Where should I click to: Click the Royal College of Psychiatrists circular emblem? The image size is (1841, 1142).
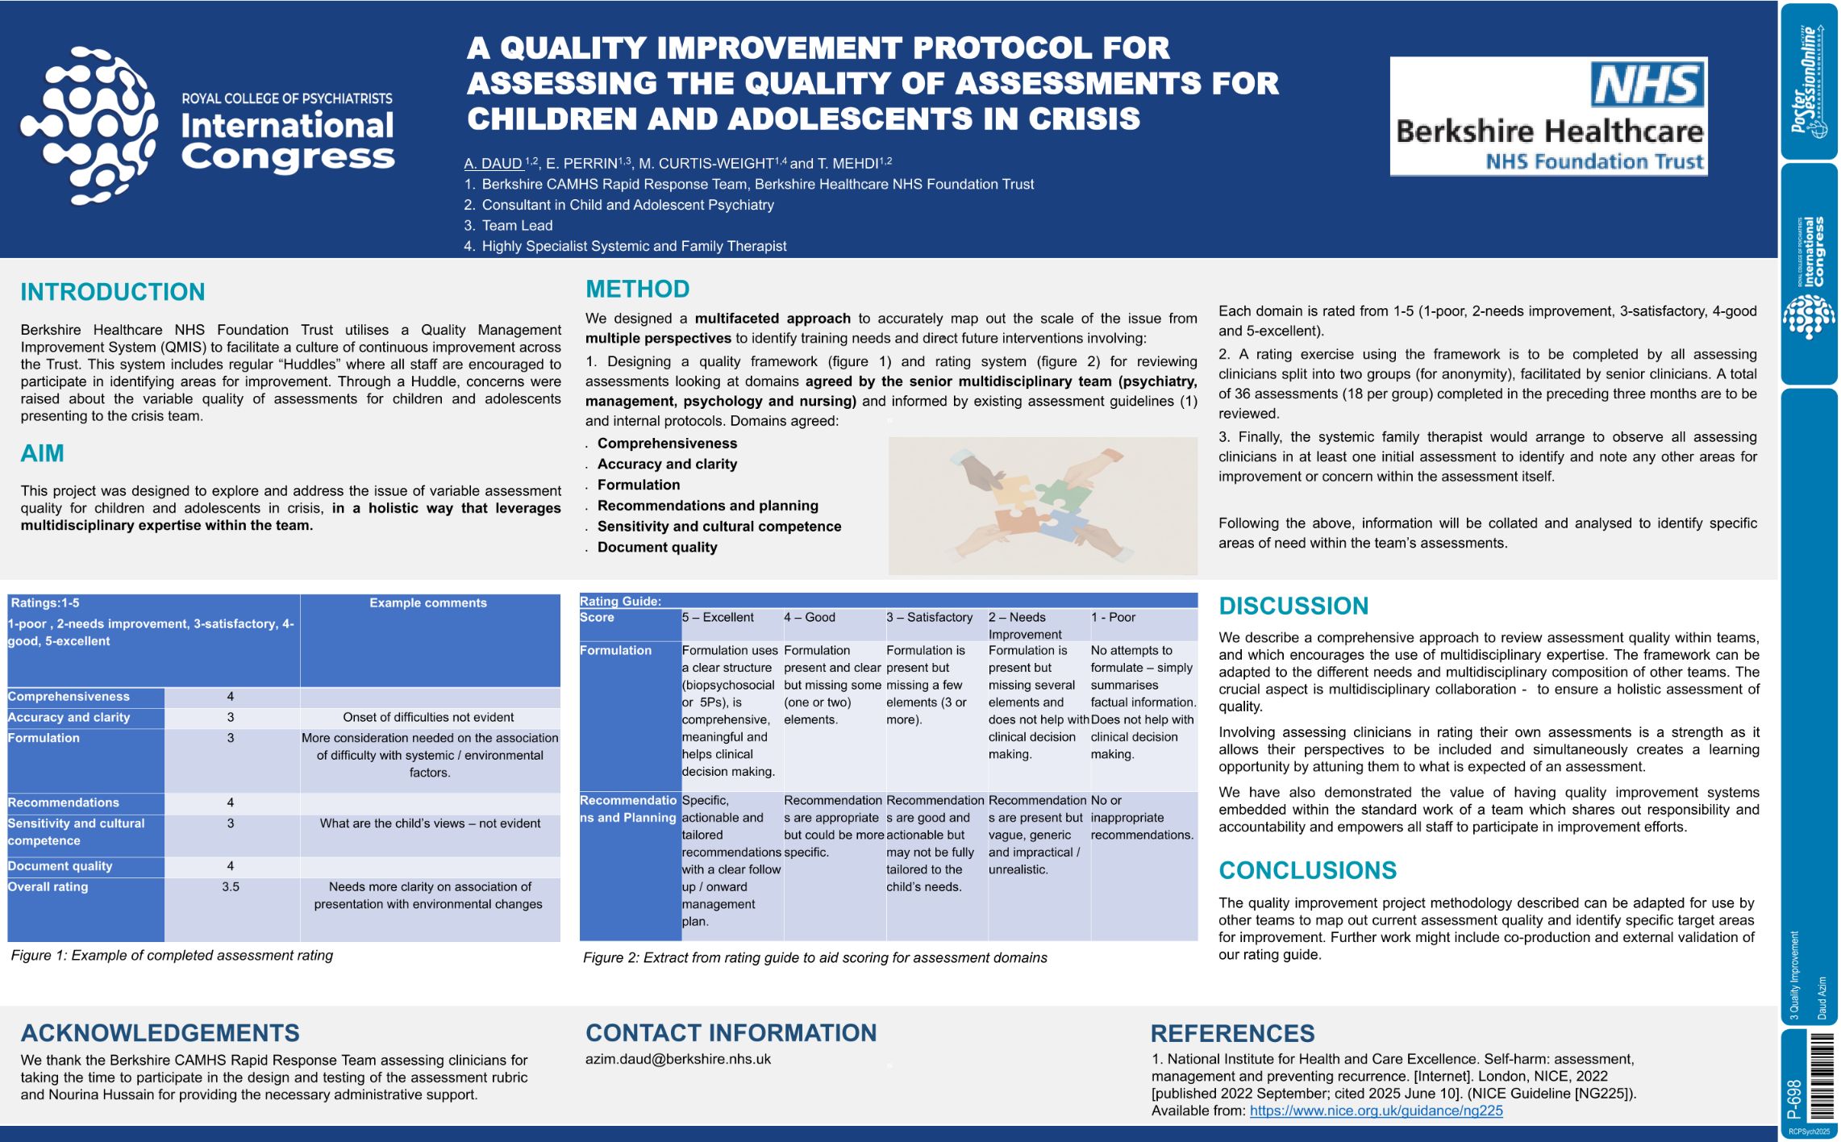tap(89, 125)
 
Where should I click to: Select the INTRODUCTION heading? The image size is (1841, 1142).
tap(113, 292)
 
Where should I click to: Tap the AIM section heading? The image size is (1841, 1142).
tap(42, 453)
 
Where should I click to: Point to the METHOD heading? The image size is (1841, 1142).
tap(637, 289)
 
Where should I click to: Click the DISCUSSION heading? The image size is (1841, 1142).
tap(1293, 606)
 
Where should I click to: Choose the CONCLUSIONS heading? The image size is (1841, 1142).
tap(1307, 870)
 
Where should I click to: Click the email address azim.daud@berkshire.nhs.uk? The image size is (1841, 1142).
tap(678, 1059)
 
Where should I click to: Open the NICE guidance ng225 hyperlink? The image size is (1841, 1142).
tap(1376, 1111)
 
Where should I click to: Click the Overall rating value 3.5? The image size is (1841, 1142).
tap(231, 886)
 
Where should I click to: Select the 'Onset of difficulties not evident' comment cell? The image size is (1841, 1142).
tap(428, 717)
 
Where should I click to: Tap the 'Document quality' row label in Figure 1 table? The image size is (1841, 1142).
tap(60, 866)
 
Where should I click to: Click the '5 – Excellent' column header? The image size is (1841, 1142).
tap(718, 617)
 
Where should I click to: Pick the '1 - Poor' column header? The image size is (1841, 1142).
tap(1113, 617)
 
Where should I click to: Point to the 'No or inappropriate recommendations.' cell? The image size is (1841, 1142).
tap(1142, 817)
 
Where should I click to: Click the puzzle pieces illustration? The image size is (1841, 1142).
tap(1042, 506)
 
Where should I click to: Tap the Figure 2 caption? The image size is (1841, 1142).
tap(814, 957)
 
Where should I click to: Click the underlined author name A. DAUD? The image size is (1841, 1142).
tap(494, 164)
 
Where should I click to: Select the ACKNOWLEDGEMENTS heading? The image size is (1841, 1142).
tap(160, 1033)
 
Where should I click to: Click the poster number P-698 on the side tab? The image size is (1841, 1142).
tap(1793, 1099)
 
